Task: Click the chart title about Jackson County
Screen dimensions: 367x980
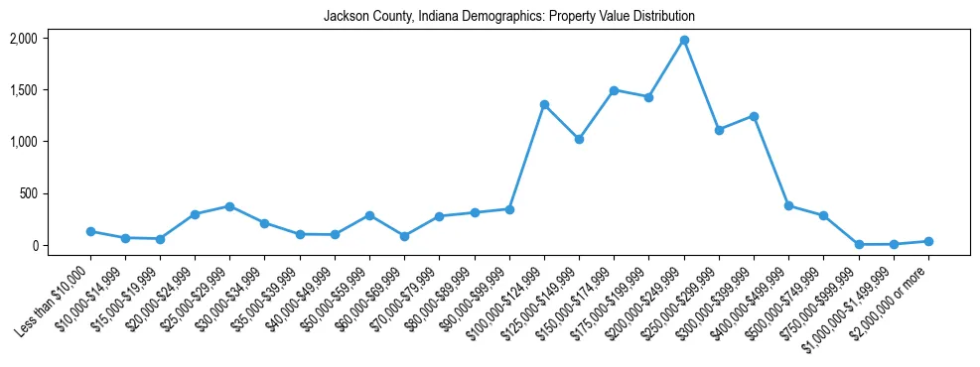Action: [508, 17]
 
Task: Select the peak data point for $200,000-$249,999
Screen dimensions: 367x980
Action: [684, 40]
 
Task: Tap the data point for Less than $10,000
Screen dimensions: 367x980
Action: [90, 231]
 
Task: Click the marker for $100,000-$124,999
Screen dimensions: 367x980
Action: [544, 104]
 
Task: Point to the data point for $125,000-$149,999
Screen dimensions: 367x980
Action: [579, 139]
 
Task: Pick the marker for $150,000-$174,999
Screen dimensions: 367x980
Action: [614, 90]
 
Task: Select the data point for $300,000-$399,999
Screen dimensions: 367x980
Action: [754, 116]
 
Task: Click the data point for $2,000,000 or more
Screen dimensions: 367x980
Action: [928, 241]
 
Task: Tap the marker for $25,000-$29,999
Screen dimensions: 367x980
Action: [229, 206]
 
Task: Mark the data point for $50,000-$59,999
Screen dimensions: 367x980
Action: [369, 215]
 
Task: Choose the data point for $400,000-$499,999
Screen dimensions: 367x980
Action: [788, 205]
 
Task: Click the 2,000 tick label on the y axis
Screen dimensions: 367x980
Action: [23, 39]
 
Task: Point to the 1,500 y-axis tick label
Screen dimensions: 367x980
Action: [23, 90]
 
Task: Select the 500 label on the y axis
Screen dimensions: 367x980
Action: [28, 193]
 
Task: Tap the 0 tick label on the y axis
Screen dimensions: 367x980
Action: [34, 245]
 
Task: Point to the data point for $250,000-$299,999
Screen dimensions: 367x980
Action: [719, 130]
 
